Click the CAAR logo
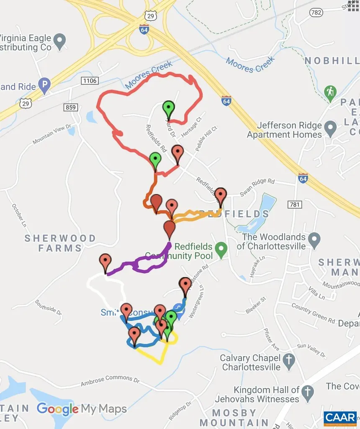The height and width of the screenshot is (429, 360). (340, 418)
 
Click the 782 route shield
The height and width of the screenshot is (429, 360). (316, 13)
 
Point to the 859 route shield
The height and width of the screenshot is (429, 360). (71, 108)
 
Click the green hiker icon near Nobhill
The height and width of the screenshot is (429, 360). (330, 92)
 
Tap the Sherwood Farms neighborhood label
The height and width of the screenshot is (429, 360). (60, 243)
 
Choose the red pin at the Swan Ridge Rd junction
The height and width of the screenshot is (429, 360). (221, 196)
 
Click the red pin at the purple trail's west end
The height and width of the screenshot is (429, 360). (105, 262)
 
